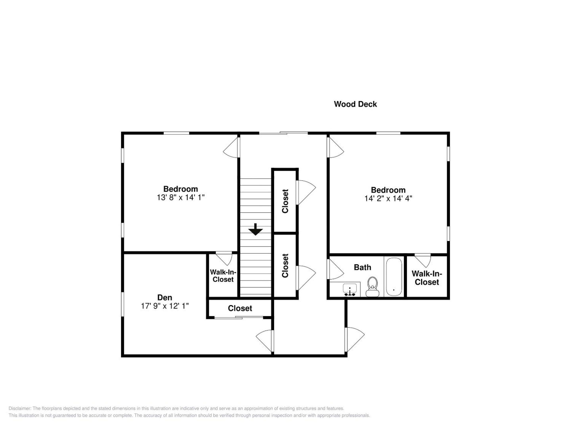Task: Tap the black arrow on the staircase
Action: [256, 229]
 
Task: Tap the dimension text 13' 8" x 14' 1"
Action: [181, 198]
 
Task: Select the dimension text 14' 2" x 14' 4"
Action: [388, 198]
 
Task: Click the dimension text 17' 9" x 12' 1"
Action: [165, 306]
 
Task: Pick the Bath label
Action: [362, 267]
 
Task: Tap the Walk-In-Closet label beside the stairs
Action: [223, 276]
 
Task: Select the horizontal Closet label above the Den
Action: [240, 308]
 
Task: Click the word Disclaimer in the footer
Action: [20, 408]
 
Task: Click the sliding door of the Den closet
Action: [239, 317]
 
